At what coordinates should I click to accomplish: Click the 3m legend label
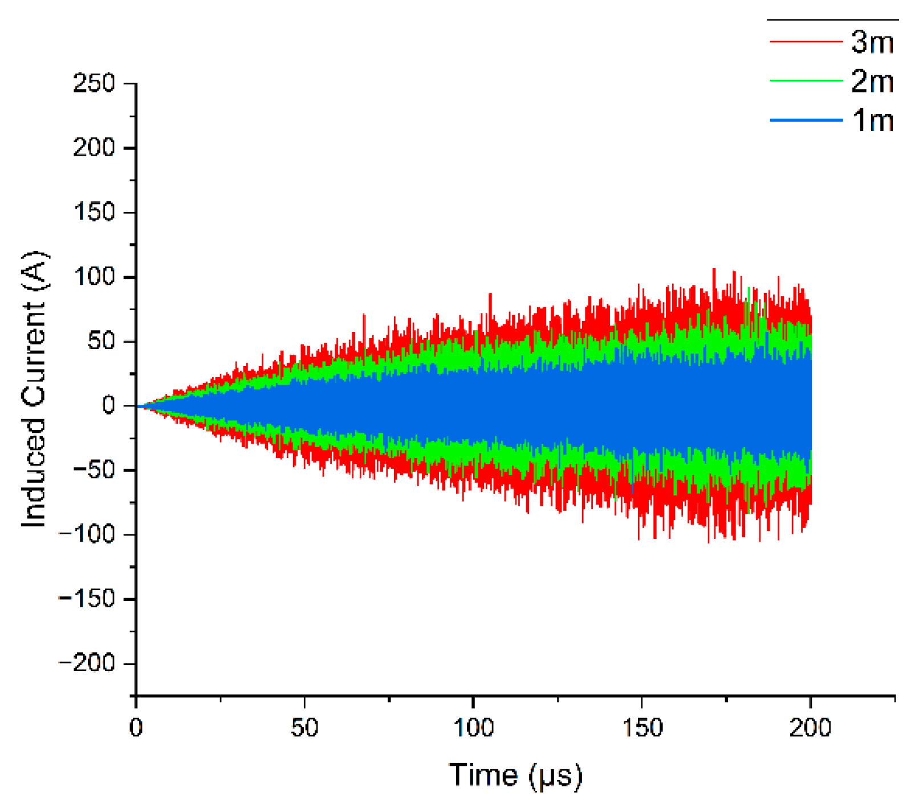click(x=872, y=42)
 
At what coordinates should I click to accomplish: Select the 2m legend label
click(x=872, y=82)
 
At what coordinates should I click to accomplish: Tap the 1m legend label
click(x=872, y=120)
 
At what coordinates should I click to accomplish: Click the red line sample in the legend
click(x=806, y=42)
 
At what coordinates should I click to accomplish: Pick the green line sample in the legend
click(x=806, y=81)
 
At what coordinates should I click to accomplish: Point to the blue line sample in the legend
click(x=806, y=120)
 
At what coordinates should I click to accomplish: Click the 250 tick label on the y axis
click(x=94, y=84)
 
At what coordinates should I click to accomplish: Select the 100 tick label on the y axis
click(x=94, y=277)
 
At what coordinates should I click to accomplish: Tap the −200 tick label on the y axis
click(x=87, y=663)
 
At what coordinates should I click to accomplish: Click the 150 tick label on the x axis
click(x=642, y=728)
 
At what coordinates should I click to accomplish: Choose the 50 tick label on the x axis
click(x=304, y=728)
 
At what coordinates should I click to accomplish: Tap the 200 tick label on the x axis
click(x=810, y=728)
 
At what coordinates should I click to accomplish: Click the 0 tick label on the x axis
click(x=136, y=728)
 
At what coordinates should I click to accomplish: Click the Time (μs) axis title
click(x=515, y=776)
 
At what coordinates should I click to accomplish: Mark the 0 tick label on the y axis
click(x=109, y=405)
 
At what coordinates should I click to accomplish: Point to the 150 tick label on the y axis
click(x=94, y=213)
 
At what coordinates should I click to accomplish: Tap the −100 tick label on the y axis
click(x=87, y=534)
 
